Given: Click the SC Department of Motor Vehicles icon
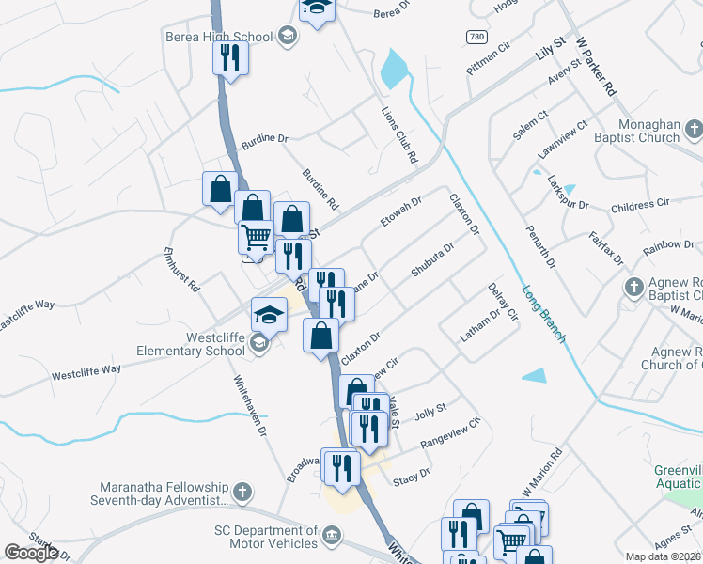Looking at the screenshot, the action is click(331, 536).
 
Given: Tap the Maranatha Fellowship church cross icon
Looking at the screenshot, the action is click(242, 491).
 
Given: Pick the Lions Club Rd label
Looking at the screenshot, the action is click(398, 134).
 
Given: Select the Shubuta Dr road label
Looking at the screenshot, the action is click(432, 260).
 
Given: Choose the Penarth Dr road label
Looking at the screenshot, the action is click(541, 246).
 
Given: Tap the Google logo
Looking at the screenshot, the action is click(31, 553).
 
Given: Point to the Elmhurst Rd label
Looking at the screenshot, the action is click(182, 269).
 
